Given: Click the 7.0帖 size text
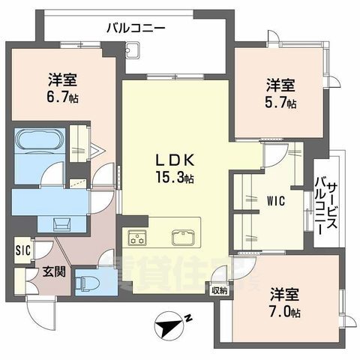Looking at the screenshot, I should (x=286, y=311).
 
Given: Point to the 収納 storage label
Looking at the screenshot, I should (x=218, y=290).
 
